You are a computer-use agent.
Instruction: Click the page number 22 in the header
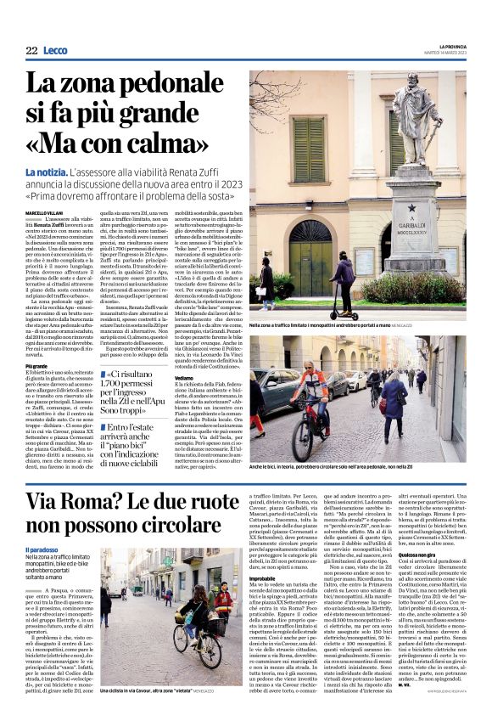pos(31,51)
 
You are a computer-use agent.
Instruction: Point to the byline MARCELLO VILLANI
pos(45,212)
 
